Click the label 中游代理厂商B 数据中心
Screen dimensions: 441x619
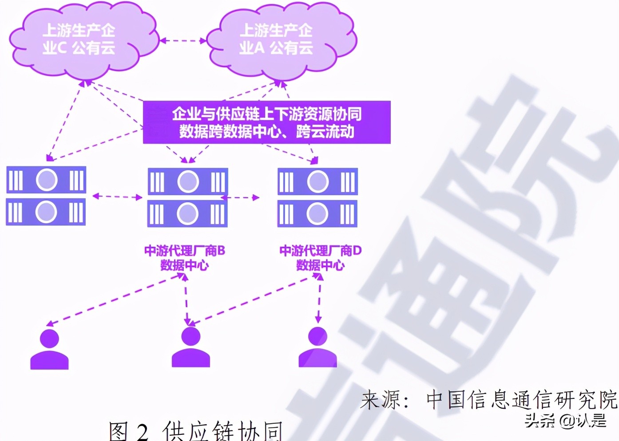pos(184,258)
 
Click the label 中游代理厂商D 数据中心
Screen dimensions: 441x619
pos(320,258)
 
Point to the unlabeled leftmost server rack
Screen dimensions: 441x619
pos(46,196)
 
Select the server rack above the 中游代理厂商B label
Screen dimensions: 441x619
pos(187,197)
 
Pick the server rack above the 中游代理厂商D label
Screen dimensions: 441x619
pos(317,197)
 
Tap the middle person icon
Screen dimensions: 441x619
pos(191,348)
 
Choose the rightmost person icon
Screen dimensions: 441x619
pos(318,348)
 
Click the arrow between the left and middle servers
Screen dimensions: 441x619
pos(117,197)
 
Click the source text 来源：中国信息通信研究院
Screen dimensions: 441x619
pos(488,400)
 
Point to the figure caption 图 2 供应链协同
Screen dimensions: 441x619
pos(195,430)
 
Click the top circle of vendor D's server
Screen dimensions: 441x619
pos(318,181)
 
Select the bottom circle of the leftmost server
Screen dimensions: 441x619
pos(46,212)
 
